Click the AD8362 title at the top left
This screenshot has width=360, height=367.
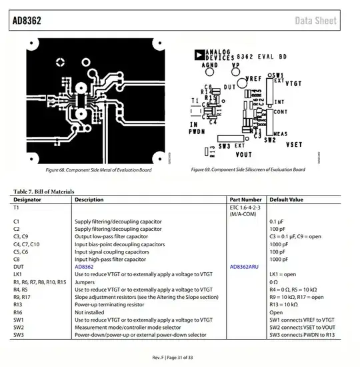[27, 21]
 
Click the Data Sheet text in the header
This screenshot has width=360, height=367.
[316, 21]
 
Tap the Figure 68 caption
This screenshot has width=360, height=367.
[95, 169]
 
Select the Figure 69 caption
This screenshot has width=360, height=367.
[248, 169]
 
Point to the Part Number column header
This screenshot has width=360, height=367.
[245, 200]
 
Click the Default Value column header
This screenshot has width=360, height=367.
[287, 200]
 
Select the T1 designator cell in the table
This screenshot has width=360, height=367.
[16, 208]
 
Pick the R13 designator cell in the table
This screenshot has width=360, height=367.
[18, 304]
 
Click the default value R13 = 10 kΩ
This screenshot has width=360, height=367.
[284, 304]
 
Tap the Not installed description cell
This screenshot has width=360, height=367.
[89, 312]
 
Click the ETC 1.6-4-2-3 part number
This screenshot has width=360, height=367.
[246, 208]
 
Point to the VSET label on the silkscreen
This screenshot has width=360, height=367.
[294, 143]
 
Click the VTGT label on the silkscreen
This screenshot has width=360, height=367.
[293, 85]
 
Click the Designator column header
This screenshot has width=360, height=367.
[27, 200]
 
